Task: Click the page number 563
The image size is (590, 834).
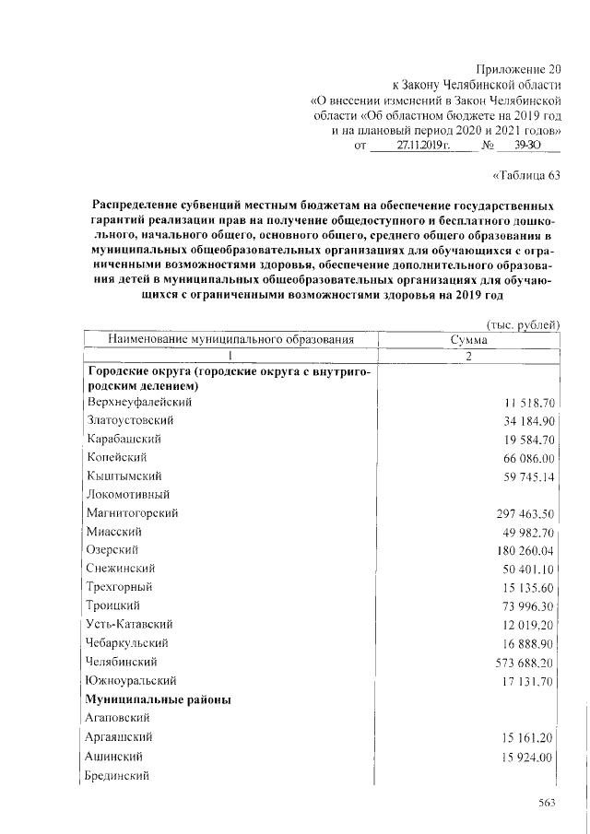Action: click(x=549, y=804)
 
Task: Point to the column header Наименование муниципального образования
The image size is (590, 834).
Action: click(x=231, y=340)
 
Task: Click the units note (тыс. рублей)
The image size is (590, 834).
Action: click(x=523, y=324)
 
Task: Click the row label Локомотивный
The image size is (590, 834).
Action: click(x=124, y=494)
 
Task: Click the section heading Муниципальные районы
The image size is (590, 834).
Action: click(x=158, y=699)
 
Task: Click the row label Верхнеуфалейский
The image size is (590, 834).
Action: click(x=139, y=403)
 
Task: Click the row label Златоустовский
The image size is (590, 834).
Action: click(x=131, y=420)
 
